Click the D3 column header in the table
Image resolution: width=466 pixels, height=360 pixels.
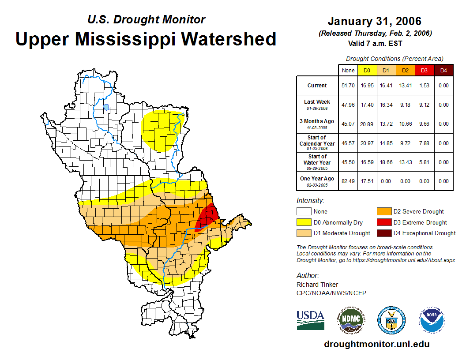[424, 71]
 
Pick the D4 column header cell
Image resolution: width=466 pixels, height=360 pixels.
[443, 71]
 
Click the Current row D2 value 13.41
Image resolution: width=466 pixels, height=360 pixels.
[405, 86]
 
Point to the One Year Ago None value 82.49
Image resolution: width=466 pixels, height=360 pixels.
[348, 181]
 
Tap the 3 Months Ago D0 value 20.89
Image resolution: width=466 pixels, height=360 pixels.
[367, 124]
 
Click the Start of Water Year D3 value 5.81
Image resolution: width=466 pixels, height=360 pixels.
[424, 162]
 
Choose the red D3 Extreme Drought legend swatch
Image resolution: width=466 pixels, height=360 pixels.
[383, 222]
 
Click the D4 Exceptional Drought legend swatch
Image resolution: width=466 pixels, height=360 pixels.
[383, 233]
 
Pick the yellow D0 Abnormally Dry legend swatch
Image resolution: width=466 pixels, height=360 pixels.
[303, 222]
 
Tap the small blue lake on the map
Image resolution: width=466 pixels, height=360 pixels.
[106, 107]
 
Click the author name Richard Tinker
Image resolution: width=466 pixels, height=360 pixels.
[317, 285]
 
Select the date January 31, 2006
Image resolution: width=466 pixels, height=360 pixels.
[374, 21]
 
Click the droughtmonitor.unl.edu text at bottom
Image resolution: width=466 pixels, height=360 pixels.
[376, 344]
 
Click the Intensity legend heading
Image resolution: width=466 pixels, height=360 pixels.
[310, 201]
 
